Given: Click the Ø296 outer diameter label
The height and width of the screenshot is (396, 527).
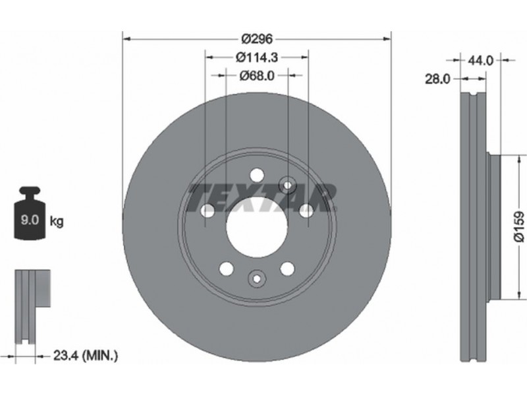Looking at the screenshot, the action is pos(257,40).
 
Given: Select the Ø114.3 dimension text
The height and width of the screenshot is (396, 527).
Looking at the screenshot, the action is pos(257,57).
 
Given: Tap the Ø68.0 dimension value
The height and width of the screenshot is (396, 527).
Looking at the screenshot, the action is pos(257,76).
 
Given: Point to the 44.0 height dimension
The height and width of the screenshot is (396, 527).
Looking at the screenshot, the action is pos(480,61).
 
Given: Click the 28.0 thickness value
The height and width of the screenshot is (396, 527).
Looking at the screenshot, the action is pos(437,79).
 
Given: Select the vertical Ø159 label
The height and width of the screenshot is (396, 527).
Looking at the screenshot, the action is pos(519,226).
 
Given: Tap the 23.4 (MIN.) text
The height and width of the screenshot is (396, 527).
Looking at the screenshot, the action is pos(86,355).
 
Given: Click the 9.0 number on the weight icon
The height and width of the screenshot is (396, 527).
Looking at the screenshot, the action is pos(30,220).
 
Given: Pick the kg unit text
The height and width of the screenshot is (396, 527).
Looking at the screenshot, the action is pos(57,222).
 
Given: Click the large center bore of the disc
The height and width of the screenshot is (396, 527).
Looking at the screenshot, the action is pos(257,226).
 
